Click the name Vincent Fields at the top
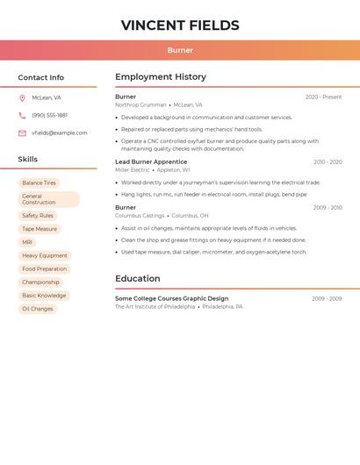pos(180,25)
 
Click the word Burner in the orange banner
pos(180,51)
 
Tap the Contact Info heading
pos(41,77)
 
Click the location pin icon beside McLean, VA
pos(22,97)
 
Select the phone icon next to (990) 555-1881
pos(22,115)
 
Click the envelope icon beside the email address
pos(22,133)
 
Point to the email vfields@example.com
pos(60,133)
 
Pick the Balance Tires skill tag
pos(39,183)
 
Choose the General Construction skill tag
pos(47,199)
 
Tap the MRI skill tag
pos(27,242)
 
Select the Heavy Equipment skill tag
pos(45,255)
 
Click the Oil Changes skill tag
pos(38,309)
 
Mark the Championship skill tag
pos(40,283)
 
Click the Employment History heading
pos(161,77)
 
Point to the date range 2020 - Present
pos(323,97)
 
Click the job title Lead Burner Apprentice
pos(151,161)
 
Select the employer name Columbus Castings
pos(140,215)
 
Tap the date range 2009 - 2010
pos(327,208)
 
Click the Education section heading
pos(138,279)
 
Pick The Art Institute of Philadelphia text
pos(155,307)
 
